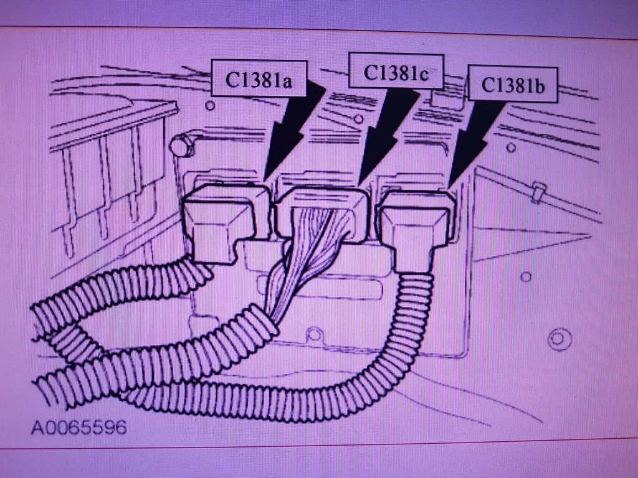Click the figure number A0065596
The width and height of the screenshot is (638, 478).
pyautogui.click(x=80, y=428)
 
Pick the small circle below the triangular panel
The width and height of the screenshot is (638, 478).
pyautogui.click(x=526, y=276)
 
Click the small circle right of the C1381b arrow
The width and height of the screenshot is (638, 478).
pyautogui.click(x=510, y=148)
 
